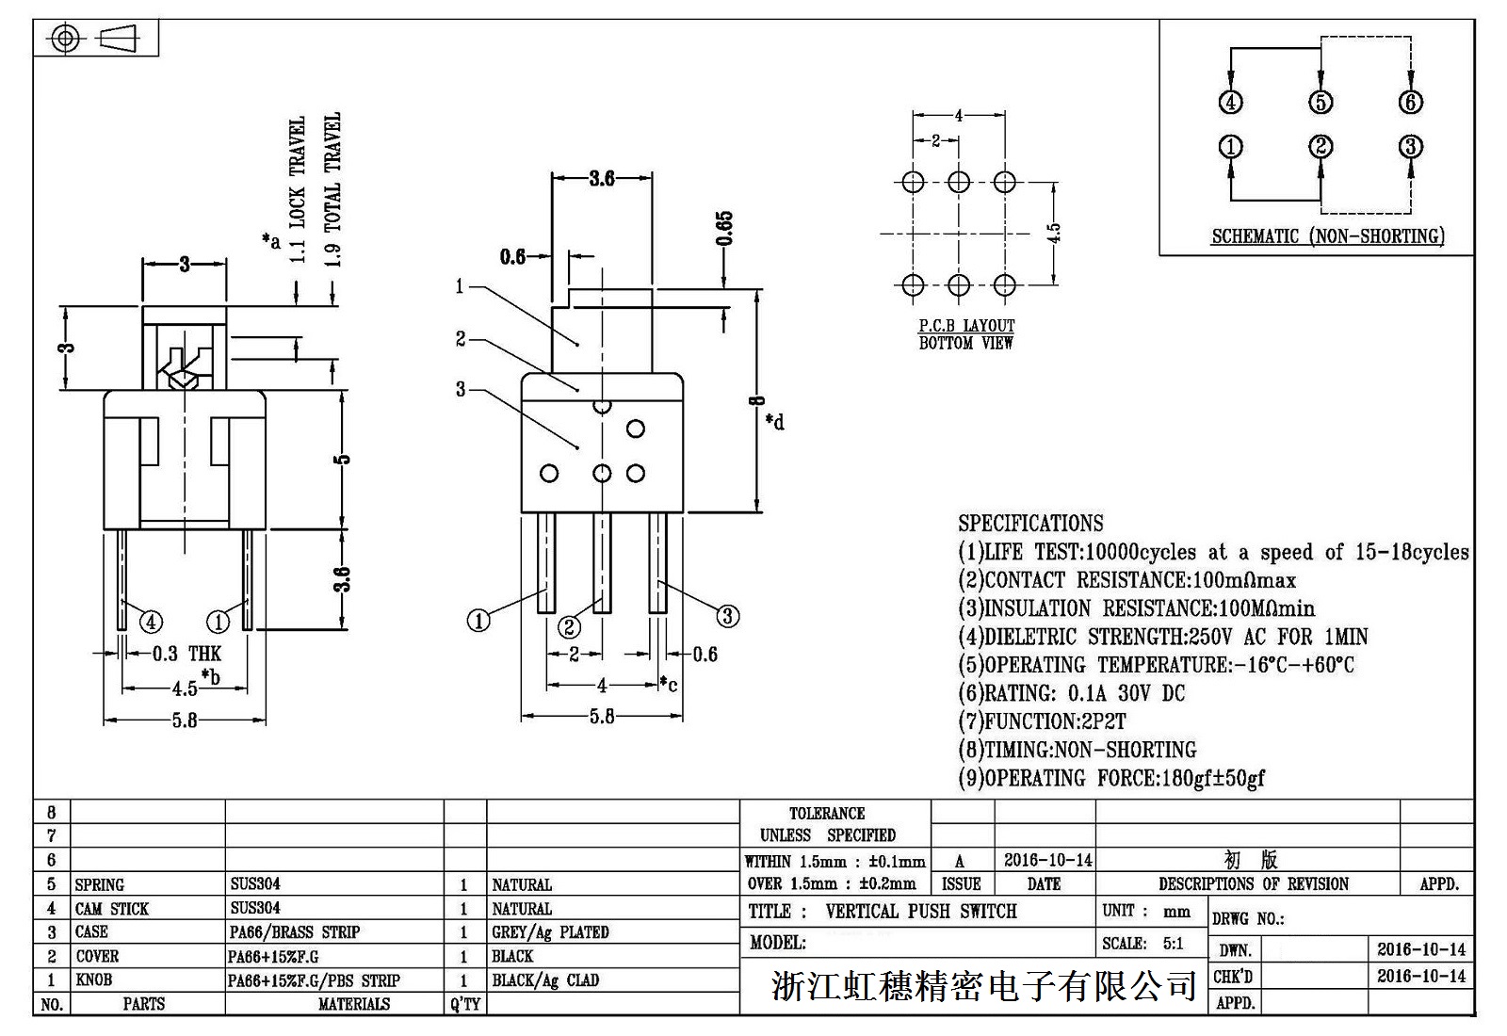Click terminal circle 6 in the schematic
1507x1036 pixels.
coord(1410,102)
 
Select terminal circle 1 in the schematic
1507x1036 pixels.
coord(1231,147)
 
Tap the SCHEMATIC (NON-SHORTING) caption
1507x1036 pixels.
coord(1327,236)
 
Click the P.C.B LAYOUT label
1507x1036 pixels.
coord(966,326)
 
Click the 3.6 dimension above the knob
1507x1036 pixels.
coord(602,178)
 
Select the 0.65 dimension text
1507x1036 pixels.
coord(724,229)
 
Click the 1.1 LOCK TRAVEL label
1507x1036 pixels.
coord(298,188)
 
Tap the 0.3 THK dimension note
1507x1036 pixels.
coord(186,654)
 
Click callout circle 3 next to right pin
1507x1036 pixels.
coord(727,617)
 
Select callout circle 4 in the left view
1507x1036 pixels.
coord(151,622)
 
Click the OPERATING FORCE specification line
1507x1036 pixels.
coord(1111,778)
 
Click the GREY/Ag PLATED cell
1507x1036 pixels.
coord(550,932)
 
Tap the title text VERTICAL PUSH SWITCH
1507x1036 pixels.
coord(920,912)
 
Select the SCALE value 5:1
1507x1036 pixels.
coord(1173,943)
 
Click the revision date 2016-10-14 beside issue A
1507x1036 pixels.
coord(1047,860)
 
